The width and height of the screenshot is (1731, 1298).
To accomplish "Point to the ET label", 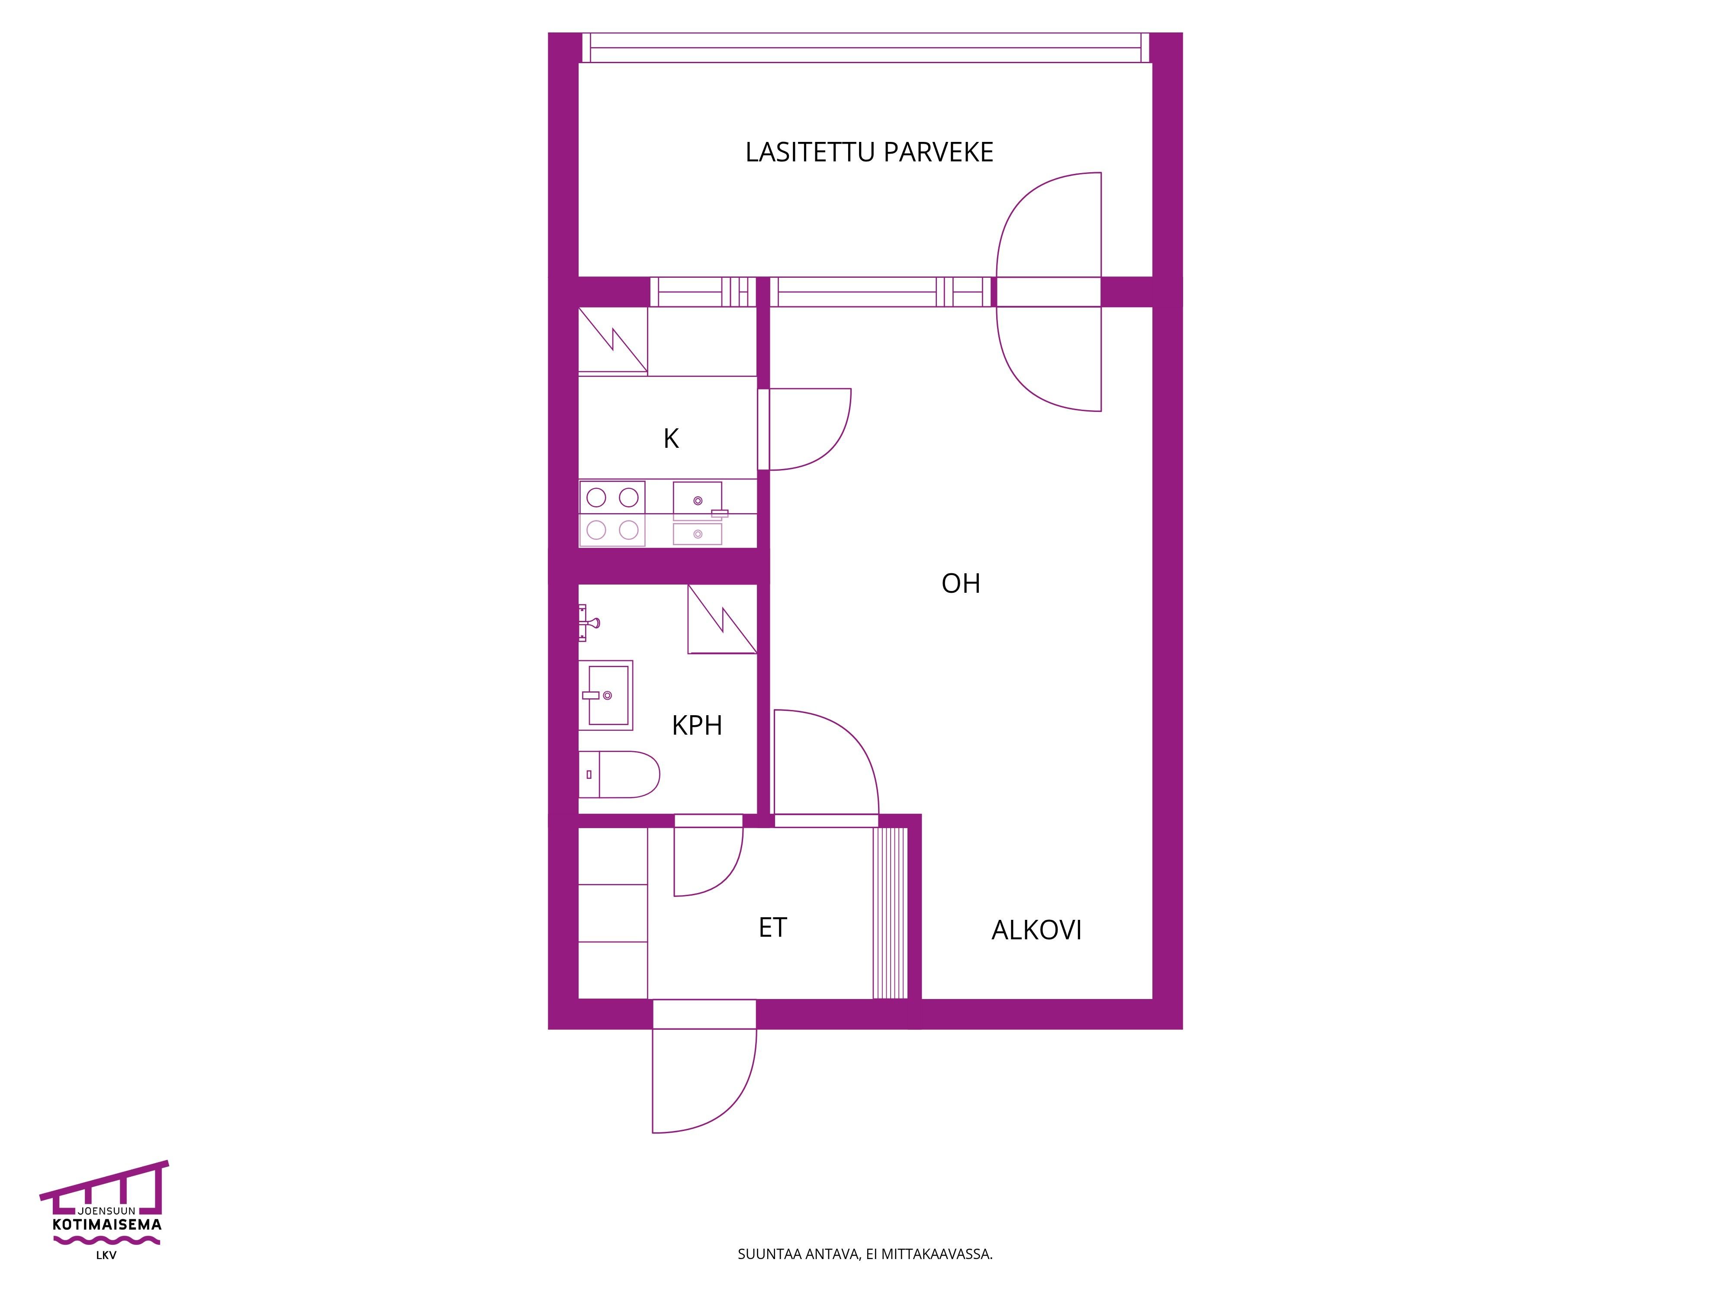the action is (772, 927).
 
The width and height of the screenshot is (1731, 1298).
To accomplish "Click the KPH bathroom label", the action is (696, 725).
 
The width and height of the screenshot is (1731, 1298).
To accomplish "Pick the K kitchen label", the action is (671, 439).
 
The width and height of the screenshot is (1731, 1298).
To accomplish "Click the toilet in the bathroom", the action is (618, 774).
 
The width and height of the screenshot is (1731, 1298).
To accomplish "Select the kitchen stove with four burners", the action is (612, 513).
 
